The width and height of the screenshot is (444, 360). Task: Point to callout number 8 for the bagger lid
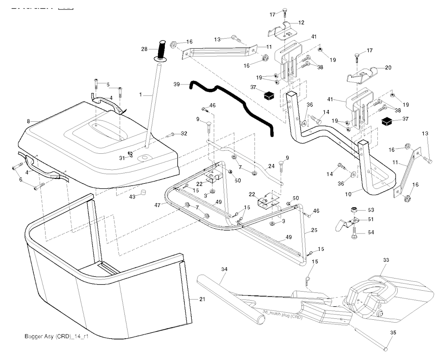(29, 122)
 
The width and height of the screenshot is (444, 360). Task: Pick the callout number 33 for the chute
(386, 260)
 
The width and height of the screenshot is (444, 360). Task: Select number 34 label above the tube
(224, 269)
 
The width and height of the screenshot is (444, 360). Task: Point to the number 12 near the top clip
(301, 22)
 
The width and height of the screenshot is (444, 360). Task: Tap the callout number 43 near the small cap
(133, 197)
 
